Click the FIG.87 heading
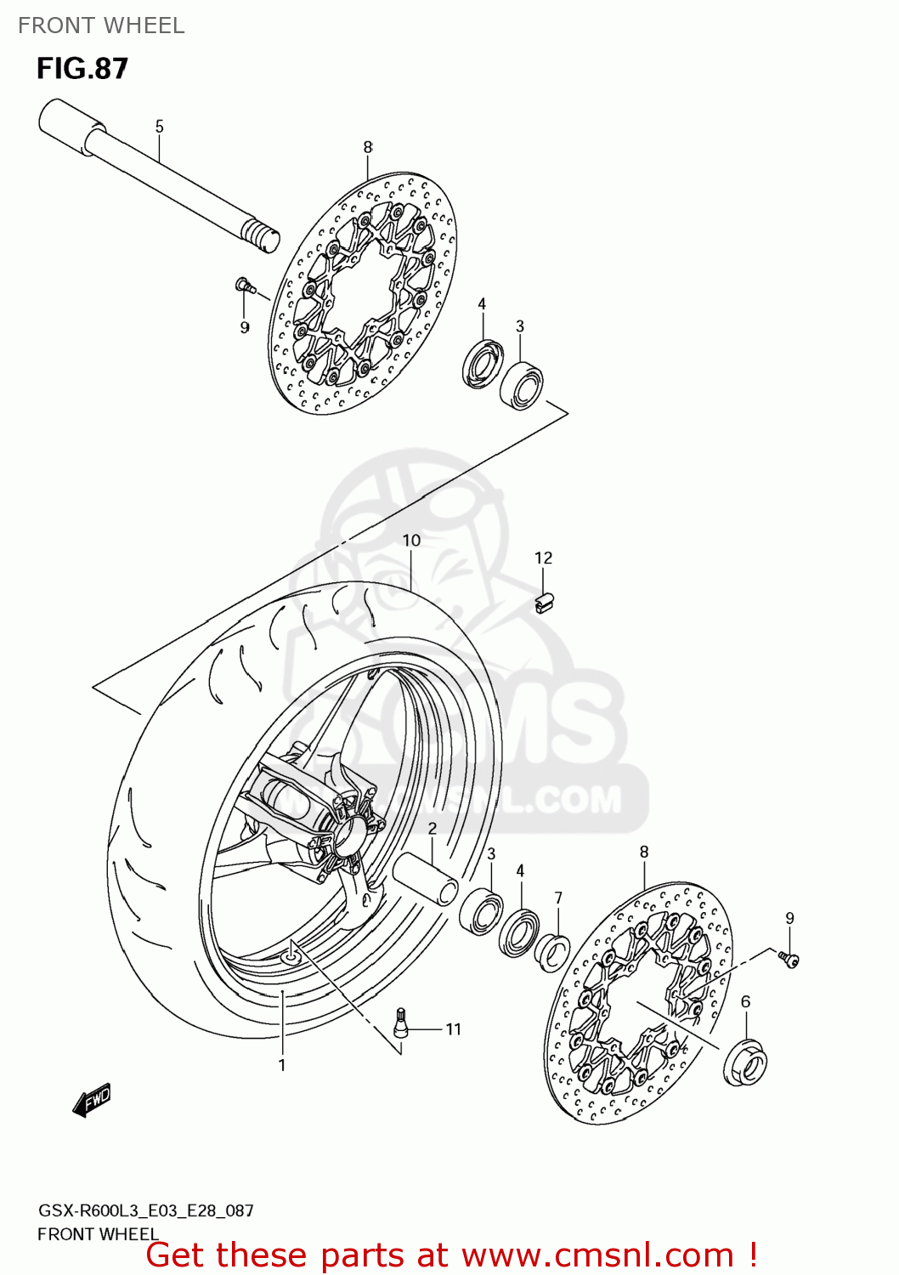click(x=82, y=69)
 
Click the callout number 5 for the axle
click(x=159, y=127)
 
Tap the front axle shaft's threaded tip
click(x=261, y=235)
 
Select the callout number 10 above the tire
click(x=411, y=541)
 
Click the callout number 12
click(x=543, y=558)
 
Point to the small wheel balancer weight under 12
click(x=544, y=603)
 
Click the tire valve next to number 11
click(x=401, y=1023)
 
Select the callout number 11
click(x=453, y=1029)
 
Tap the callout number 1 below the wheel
click(x=282, y=1065)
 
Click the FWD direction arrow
click(x=92, y=1101)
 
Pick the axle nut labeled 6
click(x=745, y=1061)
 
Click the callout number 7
click(x=558, y=898)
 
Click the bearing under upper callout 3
click(x=521, y=386)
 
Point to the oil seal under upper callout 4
click(x=483, y=363)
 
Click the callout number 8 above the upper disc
click(x=368, y=147)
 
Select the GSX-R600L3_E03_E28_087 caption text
click(x=145, y=1210)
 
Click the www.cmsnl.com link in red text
click(x=597, y=1255)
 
